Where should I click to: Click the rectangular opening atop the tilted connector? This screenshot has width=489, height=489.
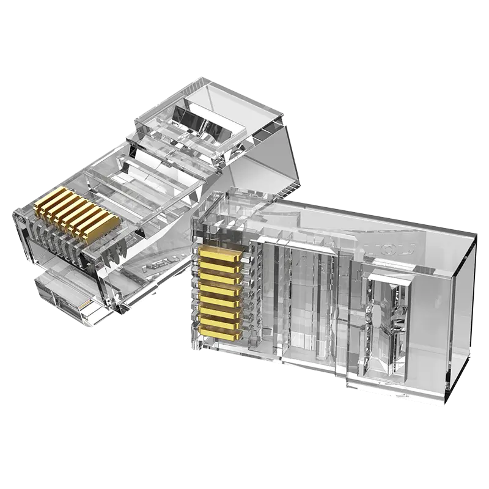point(202,122)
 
